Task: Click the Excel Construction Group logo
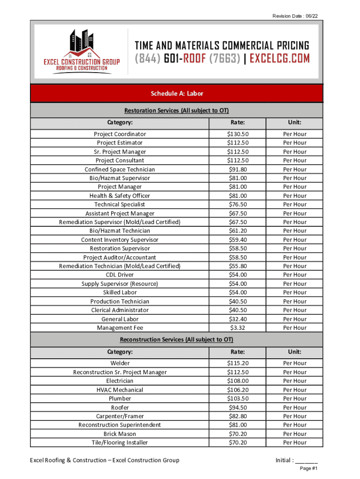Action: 81,51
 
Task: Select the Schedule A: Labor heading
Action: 177,94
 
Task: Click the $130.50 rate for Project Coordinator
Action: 238,134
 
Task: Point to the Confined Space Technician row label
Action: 120,169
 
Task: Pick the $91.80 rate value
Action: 238,169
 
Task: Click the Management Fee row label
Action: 120,328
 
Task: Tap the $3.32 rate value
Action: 238,328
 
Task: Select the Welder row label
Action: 120,363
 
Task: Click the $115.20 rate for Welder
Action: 238,363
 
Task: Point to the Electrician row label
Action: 120,381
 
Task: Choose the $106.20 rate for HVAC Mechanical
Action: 238,390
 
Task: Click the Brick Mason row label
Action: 120,434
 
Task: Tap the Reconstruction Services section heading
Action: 176,340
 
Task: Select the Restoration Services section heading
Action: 176,111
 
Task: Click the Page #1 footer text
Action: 309,469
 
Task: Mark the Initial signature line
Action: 307,460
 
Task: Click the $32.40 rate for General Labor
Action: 238,319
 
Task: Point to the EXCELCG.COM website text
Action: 280,58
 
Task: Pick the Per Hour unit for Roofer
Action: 295,407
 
